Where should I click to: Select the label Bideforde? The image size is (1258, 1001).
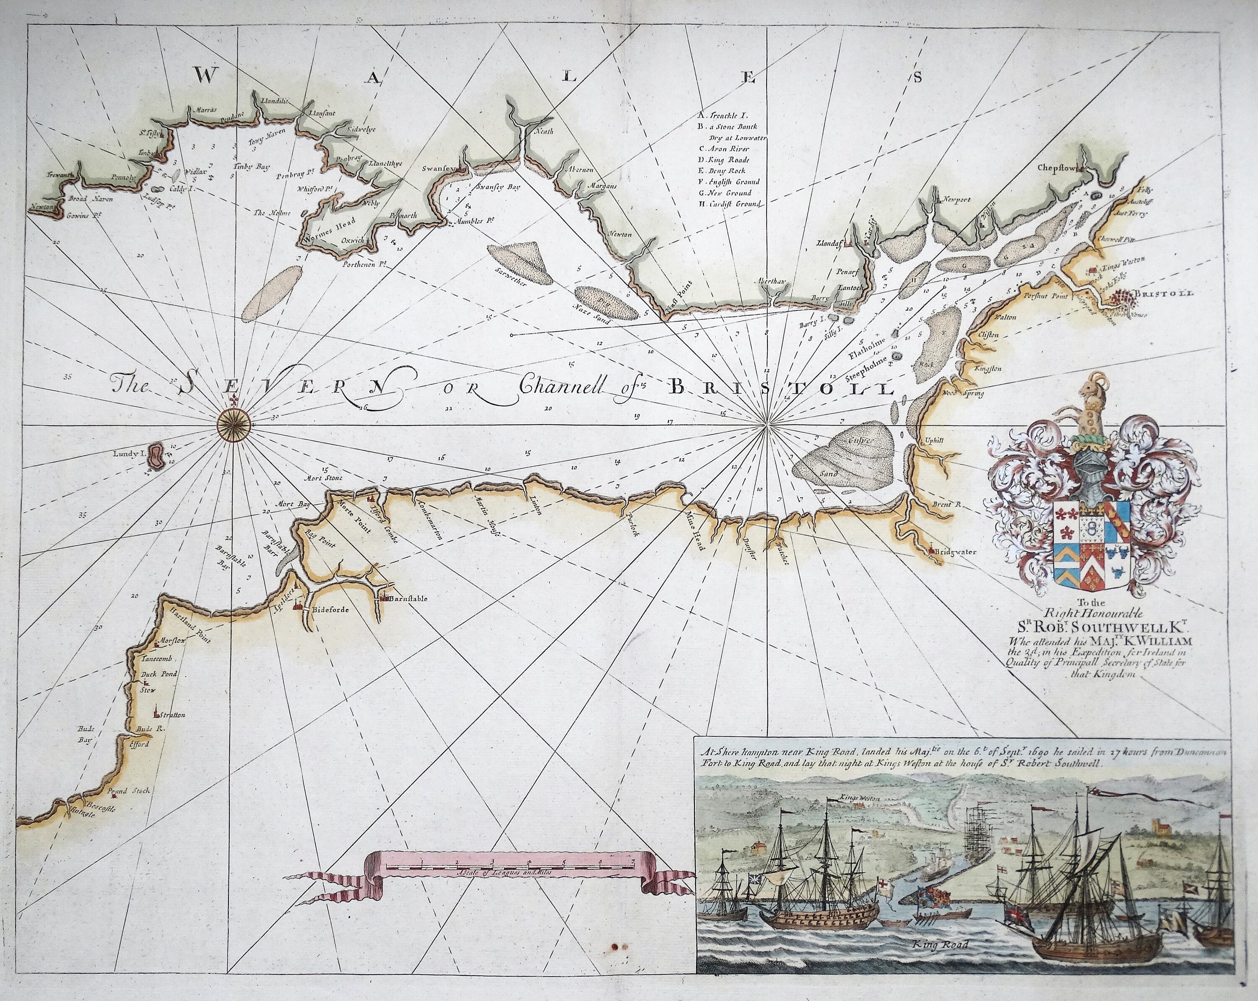(331, 609)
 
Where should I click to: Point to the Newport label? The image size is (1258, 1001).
(954, 200)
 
